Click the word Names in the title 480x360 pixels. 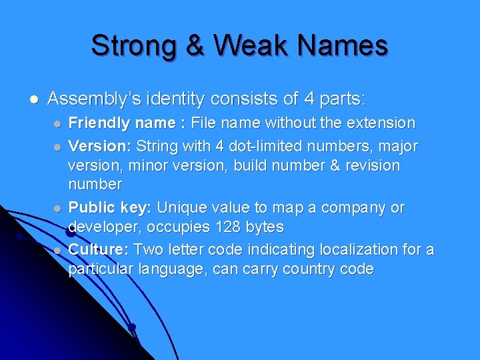click(x=343, y=46)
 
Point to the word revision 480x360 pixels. click(x=369, y=165)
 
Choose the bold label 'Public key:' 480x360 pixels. click(x=111, y=207)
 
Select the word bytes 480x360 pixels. click(x=264, y=227)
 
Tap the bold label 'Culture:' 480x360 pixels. click(x=99, y=249)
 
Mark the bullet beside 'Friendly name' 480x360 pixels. click(x=58, y=124)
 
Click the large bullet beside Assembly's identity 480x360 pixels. click(x=33, y=100)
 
